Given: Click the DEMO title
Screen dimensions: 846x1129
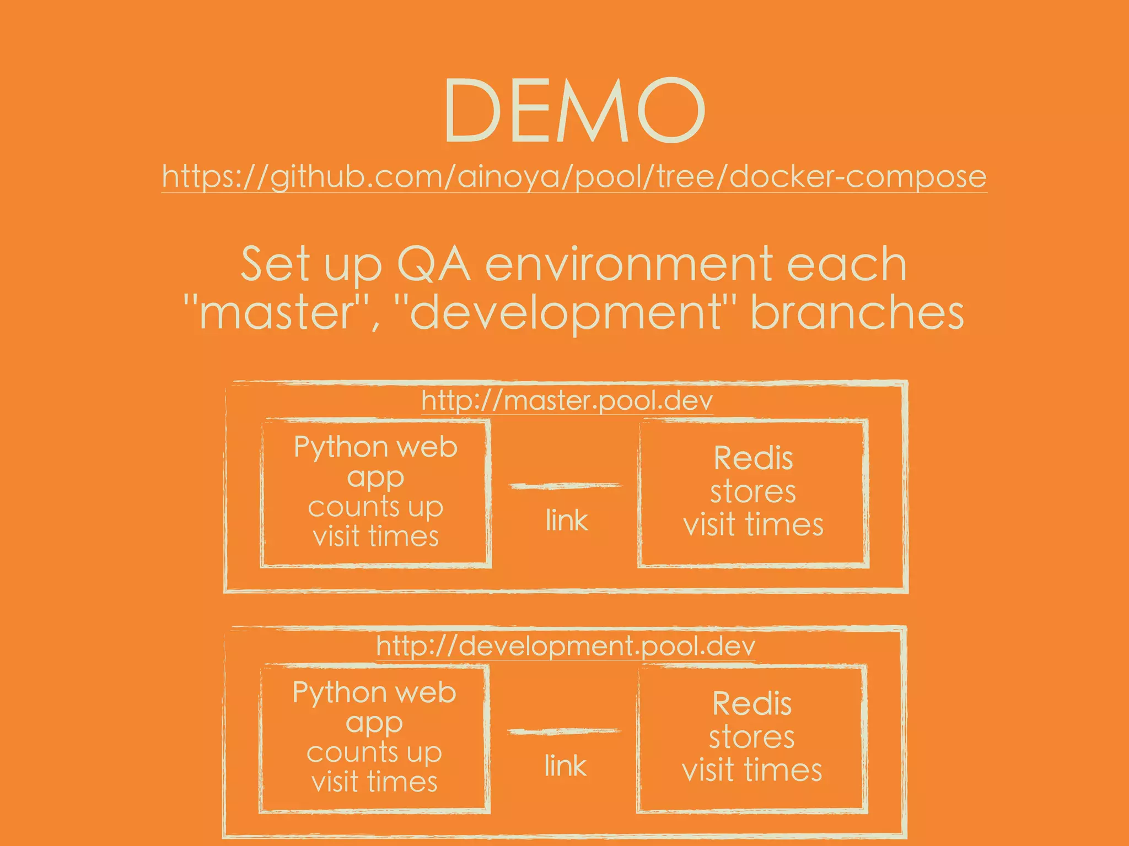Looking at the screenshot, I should tap(574, 110).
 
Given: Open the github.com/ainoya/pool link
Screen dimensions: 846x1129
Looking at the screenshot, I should tap(574, 177).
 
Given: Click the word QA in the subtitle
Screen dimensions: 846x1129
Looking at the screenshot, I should tap(433, 265).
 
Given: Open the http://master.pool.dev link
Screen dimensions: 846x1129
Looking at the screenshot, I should tap(567, 401).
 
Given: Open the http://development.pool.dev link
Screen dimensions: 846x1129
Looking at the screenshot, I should tap(566, 646).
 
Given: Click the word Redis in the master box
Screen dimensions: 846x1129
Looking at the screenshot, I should tap(753, 458).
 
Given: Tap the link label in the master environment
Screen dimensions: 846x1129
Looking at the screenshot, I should tap(567, 520).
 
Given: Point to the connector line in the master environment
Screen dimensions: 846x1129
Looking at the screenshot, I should tap(565, 486).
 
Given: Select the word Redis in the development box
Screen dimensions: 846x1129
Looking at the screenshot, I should tap(752, 704).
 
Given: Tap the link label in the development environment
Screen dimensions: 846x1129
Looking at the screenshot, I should tap(565, 766).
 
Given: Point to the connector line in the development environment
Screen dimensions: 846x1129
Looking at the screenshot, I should tap(564, 731).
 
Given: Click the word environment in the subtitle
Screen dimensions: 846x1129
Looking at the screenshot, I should tap(630, 265).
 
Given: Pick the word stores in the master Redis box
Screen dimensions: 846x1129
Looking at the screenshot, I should tap(753, 492).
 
